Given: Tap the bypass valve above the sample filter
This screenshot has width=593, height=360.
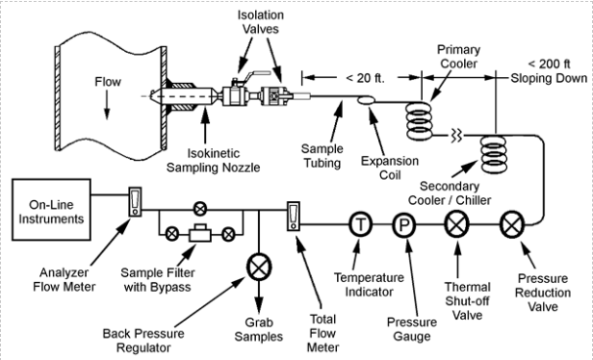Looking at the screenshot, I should (x=200, y=206).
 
